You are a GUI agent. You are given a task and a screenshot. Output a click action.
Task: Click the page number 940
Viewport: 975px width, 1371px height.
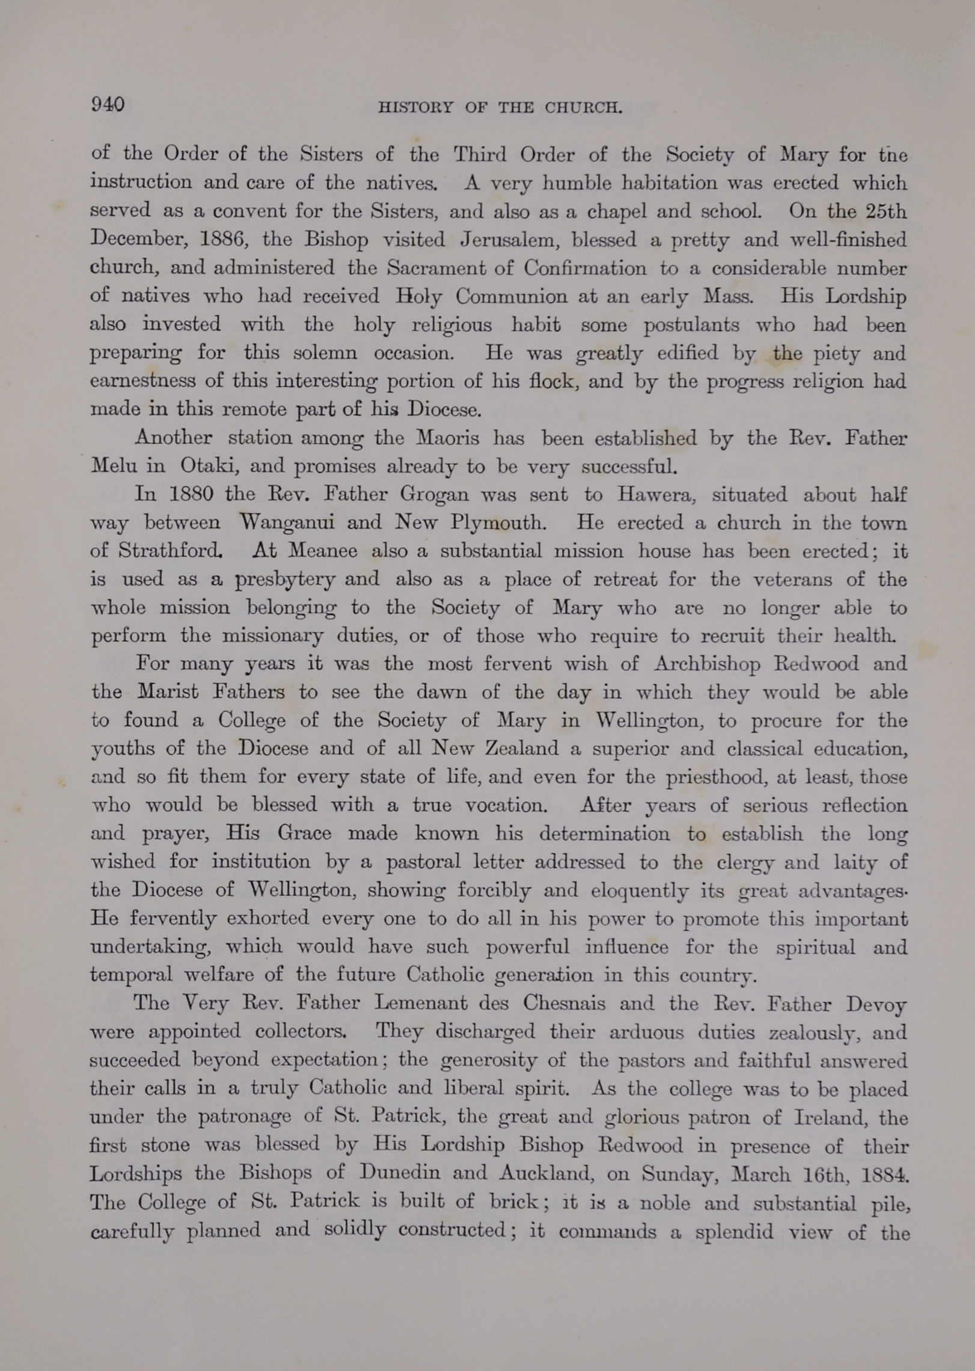pyautogui.click(x=108, y=105)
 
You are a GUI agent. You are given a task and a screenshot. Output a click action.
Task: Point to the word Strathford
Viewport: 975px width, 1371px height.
pyautogui.click(x=170, y=550)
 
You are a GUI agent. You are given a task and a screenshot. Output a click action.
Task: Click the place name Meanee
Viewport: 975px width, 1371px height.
pyautogui.click(x=322, y=550)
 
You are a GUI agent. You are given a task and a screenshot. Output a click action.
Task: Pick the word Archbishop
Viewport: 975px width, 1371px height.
pyautogui.click(x=706, y=664)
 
